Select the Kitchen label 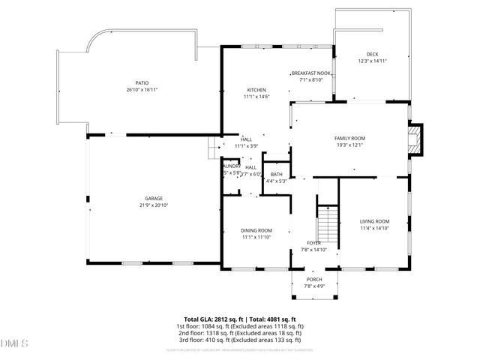tap(256, 90)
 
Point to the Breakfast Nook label tap(310, 73)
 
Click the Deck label tap(372, 54)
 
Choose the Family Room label tap(349, 139)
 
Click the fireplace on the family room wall tap(415, 139)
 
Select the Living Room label tap(374, 221)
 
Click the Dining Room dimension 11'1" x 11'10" tap(256, 237)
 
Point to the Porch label tap(313, 280)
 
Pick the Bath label tap(277, 175)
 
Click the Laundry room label tap(230, 166)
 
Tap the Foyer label tap(313, 243)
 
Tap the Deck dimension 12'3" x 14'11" tap(372, 61)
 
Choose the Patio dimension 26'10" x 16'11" tap(142, 90)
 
